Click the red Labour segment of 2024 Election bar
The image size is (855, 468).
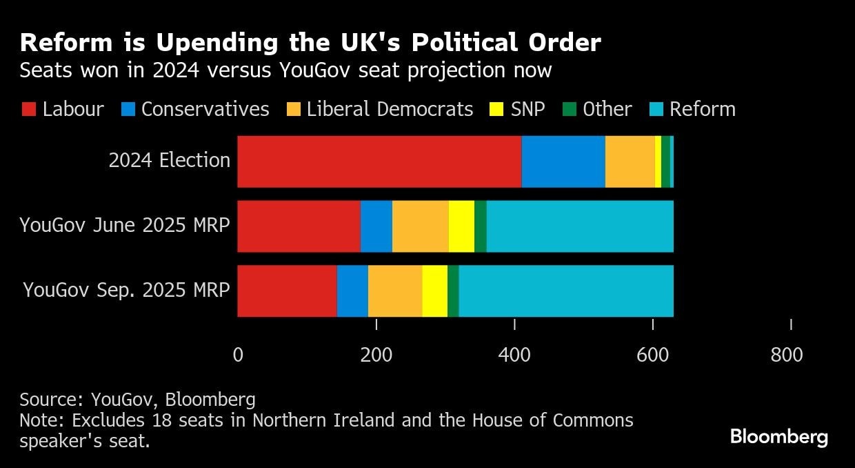379,162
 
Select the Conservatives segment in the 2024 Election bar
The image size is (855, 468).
563,162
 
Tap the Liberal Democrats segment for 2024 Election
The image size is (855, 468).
630,162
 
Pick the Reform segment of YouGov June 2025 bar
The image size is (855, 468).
580,226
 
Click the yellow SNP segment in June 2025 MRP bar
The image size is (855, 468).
461,226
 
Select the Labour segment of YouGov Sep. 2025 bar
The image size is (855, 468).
287,291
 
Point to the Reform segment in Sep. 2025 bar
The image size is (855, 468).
566,291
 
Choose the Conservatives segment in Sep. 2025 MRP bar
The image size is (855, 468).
352,291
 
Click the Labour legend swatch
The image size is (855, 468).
28,109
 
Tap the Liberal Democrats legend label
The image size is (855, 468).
390,109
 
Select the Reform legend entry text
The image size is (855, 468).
703,109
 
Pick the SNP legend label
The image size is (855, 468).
527,109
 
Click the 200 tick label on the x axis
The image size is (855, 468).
376,355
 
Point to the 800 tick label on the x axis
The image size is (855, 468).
787,355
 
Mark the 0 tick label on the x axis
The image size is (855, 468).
238,355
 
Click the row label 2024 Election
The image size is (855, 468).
169,160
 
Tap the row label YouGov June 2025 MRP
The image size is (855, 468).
124,225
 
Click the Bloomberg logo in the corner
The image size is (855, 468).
778,437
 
